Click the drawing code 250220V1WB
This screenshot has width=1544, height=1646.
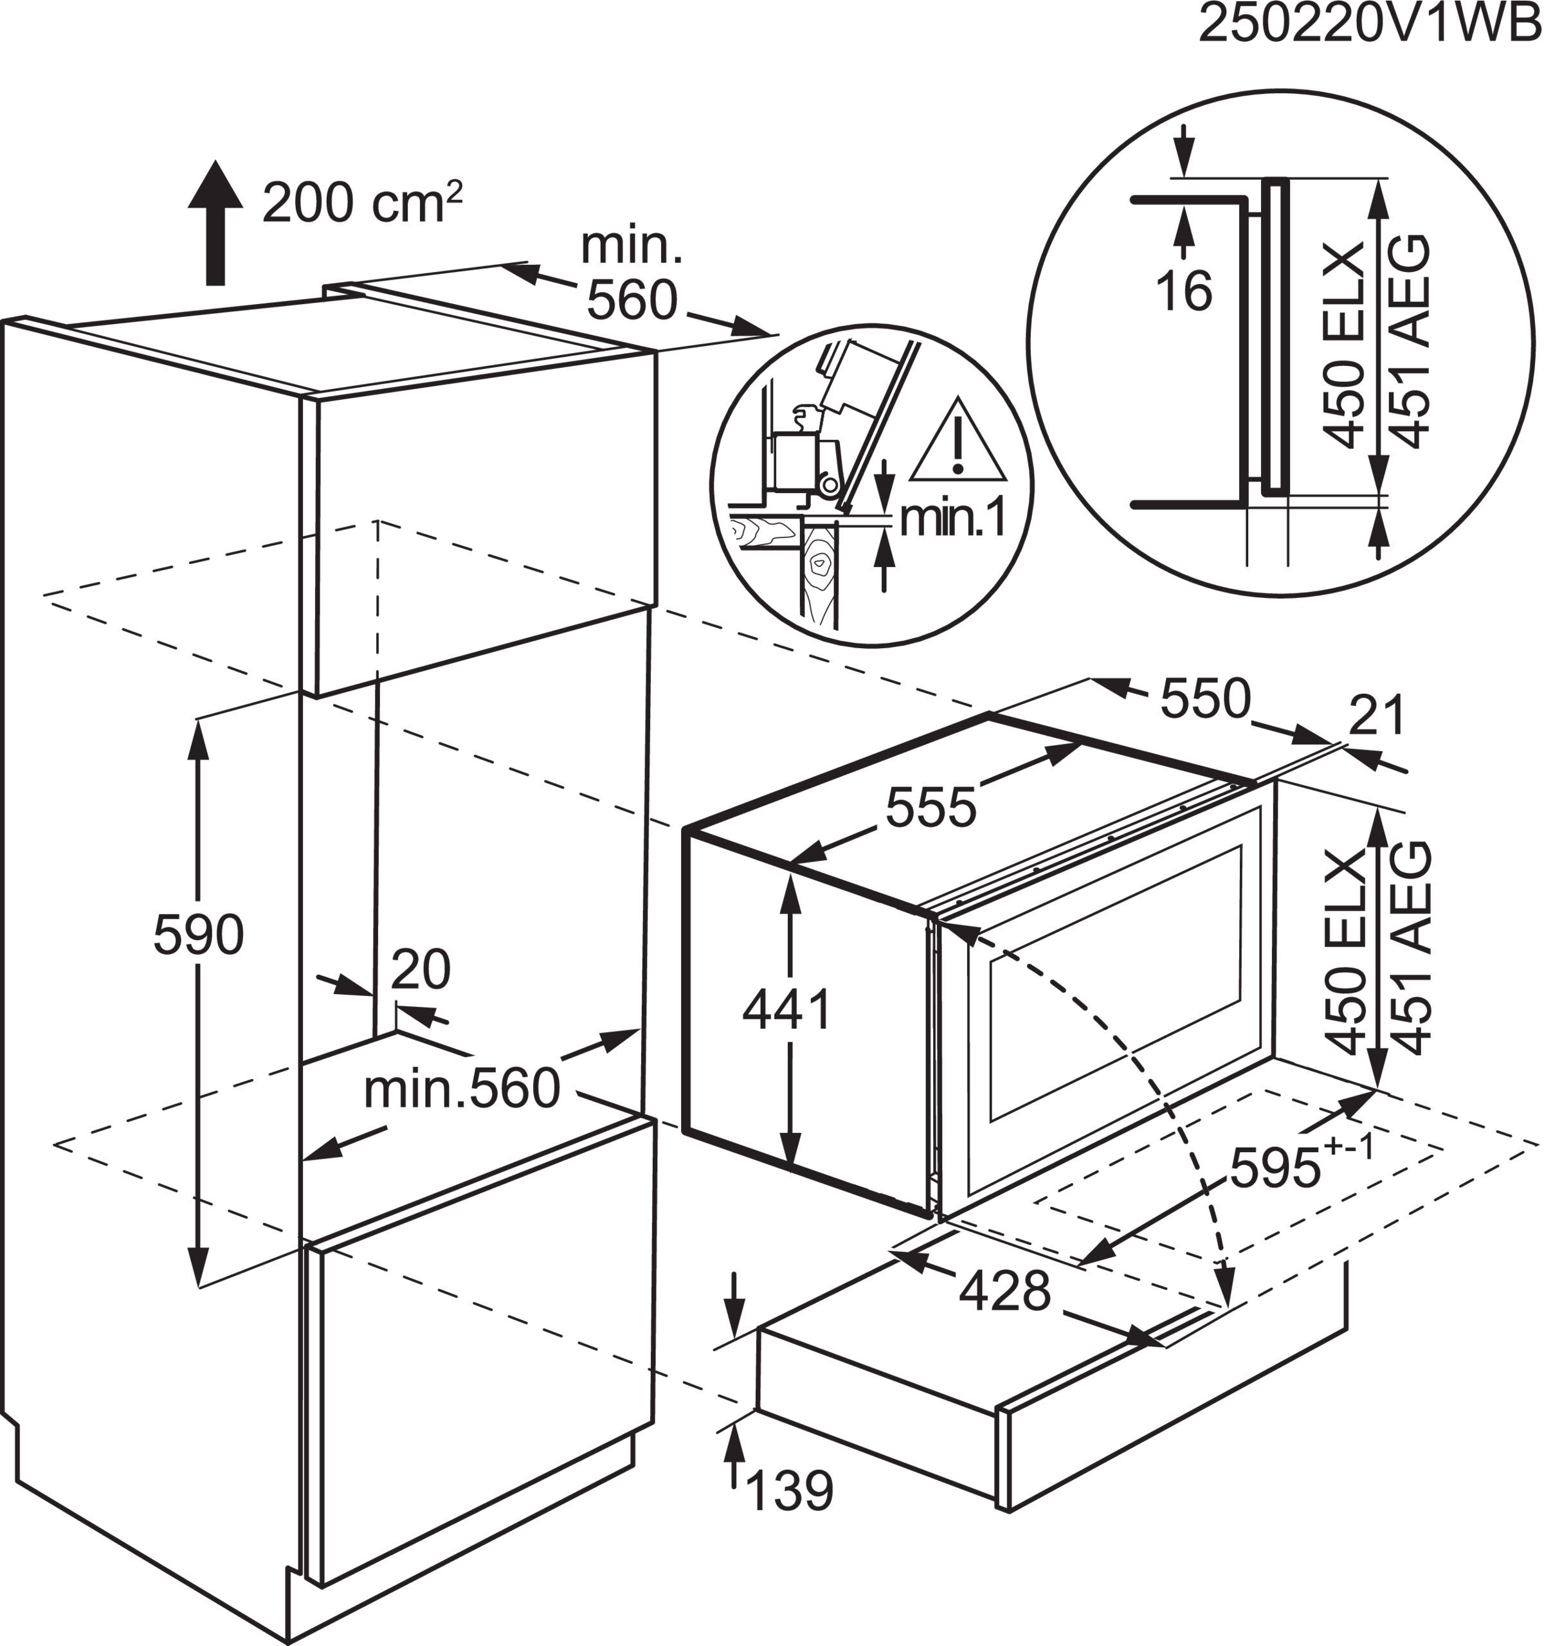1370,25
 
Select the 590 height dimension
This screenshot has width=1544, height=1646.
199,936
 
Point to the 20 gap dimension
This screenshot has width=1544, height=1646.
421,970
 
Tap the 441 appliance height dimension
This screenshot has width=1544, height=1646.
786,1010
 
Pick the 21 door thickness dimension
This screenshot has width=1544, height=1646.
1377,716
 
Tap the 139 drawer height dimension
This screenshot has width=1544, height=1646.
789,1490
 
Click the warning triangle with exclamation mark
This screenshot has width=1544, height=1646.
959,444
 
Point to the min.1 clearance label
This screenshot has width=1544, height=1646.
952,518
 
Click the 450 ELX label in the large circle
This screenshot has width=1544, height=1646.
1343,345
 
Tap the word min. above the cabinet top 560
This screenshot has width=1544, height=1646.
631,246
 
